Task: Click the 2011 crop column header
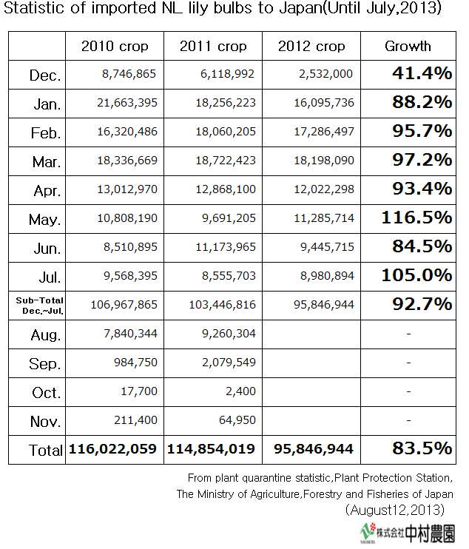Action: tap(213, 46)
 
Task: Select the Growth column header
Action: tap(408, 46)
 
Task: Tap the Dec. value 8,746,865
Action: tap(129, 74)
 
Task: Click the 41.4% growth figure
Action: tap(422, 73)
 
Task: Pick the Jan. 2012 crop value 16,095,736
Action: tap(324, 103)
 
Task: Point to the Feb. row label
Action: tap(46, 133)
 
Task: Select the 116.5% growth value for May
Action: tap(416, 218)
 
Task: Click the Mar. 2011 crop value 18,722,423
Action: tap(226, 161)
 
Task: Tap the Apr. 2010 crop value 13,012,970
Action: tap(127, 189)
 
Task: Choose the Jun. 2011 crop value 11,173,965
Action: tap(226, 247)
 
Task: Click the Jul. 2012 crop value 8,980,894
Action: tap(327, 275)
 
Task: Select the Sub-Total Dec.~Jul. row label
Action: tap(39, 306)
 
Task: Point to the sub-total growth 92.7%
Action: tap(422, 304)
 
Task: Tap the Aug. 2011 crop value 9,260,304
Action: tap(229, 333)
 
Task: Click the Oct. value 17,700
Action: tap(139, 391)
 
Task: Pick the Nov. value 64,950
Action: tap(237, 420)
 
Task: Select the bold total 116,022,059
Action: tap(112, 449)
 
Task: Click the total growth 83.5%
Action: tap(422, 448)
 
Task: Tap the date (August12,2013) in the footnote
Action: tap(395, 510)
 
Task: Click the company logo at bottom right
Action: tap(408, 533)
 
